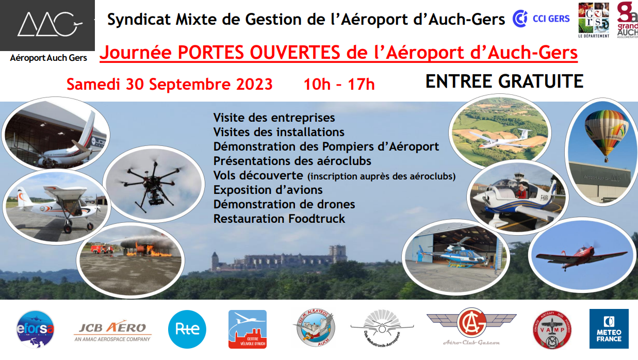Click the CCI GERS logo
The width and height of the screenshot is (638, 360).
tap(541, 19)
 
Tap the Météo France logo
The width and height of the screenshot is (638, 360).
tap(609, 329)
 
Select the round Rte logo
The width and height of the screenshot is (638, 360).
tap(187, 329)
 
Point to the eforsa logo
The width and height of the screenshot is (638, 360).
tap(35, 330)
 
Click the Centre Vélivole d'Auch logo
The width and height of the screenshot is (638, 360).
tap(248, 329)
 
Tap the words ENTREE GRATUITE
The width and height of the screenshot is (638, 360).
tap(504, 81)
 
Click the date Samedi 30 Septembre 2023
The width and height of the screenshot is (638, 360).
tap(169, 84)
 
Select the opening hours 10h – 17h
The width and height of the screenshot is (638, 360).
tap(339, 84)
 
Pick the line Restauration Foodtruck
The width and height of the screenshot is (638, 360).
tap(279, 219)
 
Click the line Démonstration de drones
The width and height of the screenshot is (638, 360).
tap(284, 204)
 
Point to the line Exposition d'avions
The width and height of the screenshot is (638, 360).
tap(268, 190)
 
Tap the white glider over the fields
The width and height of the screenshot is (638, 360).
tap(503, 139)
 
